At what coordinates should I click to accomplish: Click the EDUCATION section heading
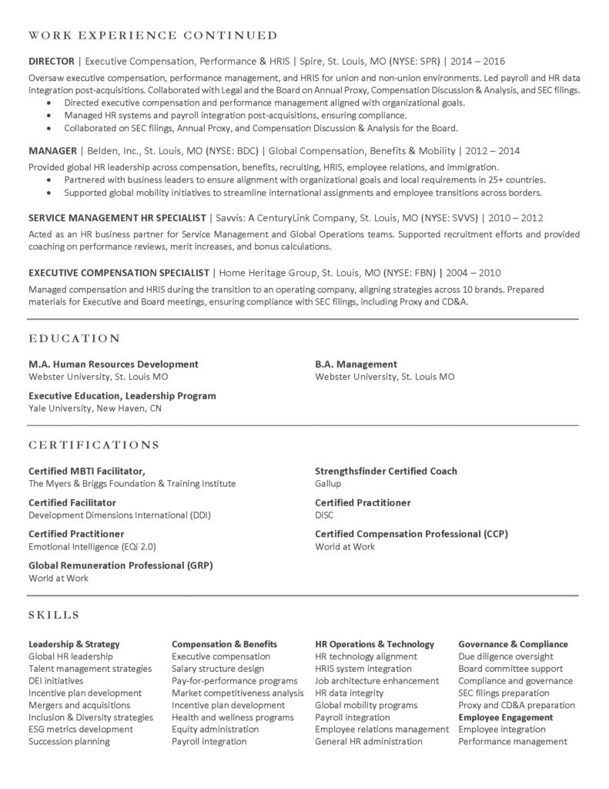(75, 338)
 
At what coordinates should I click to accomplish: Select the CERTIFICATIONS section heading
(94, 445)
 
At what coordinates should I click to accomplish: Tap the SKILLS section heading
(54, 615)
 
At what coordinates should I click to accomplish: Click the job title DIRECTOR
(52, 61)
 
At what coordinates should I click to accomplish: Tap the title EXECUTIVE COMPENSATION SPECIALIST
(119, 273)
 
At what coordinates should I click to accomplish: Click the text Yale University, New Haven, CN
(95, 408)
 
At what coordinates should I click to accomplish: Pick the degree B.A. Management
(356, 364)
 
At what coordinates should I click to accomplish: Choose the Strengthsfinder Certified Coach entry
(386, 472)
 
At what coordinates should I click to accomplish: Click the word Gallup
(328, 484)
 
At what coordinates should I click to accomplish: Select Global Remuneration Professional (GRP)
(121, 566)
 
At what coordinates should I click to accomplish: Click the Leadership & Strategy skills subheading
(74, 644)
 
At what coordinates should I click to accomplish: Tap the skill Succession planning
(69, 742)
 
